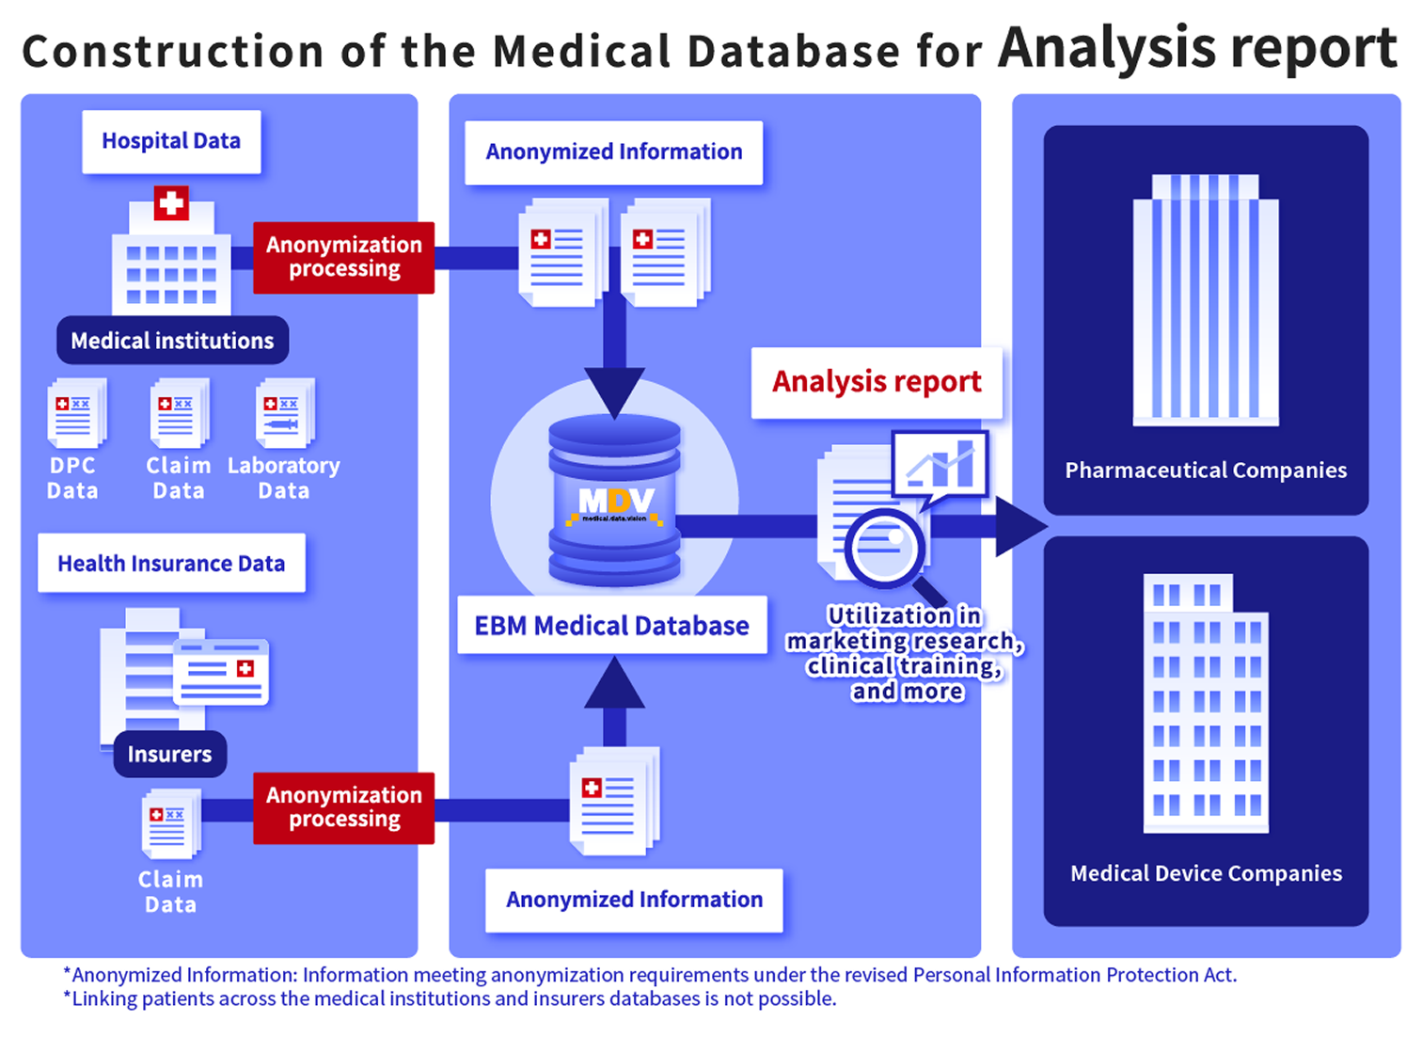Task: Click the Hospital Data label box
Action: click(171, 141)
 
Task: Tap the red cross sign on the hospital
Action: click(171, 203)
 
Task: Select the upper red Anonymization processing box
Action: click(344, 257)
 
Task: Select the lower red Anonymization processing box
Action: click(344, 807)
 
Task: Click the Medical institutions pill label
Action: click(172, 341)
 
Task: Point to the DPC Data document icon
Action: click(75, 413)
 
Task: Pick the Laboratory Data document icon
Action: click(284, 413)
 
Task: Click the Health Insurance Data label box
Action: click(171, 564)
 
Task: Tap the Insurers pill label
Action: click(169, 754)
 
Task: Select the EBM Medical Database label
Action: click(611, 626)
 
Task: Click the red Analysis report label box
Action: click(877, 382)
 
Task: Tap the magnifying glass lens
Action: click(884, 546)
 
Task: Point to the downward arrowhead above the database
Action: click(614, 391)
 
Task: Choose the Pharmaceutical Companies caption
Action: click(1206, 471)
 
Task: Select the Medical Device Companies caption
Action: click(1206, 873)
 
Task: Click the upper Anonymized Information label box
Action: click(614, 152)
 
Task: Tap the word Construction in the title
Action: click(173, 52)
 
